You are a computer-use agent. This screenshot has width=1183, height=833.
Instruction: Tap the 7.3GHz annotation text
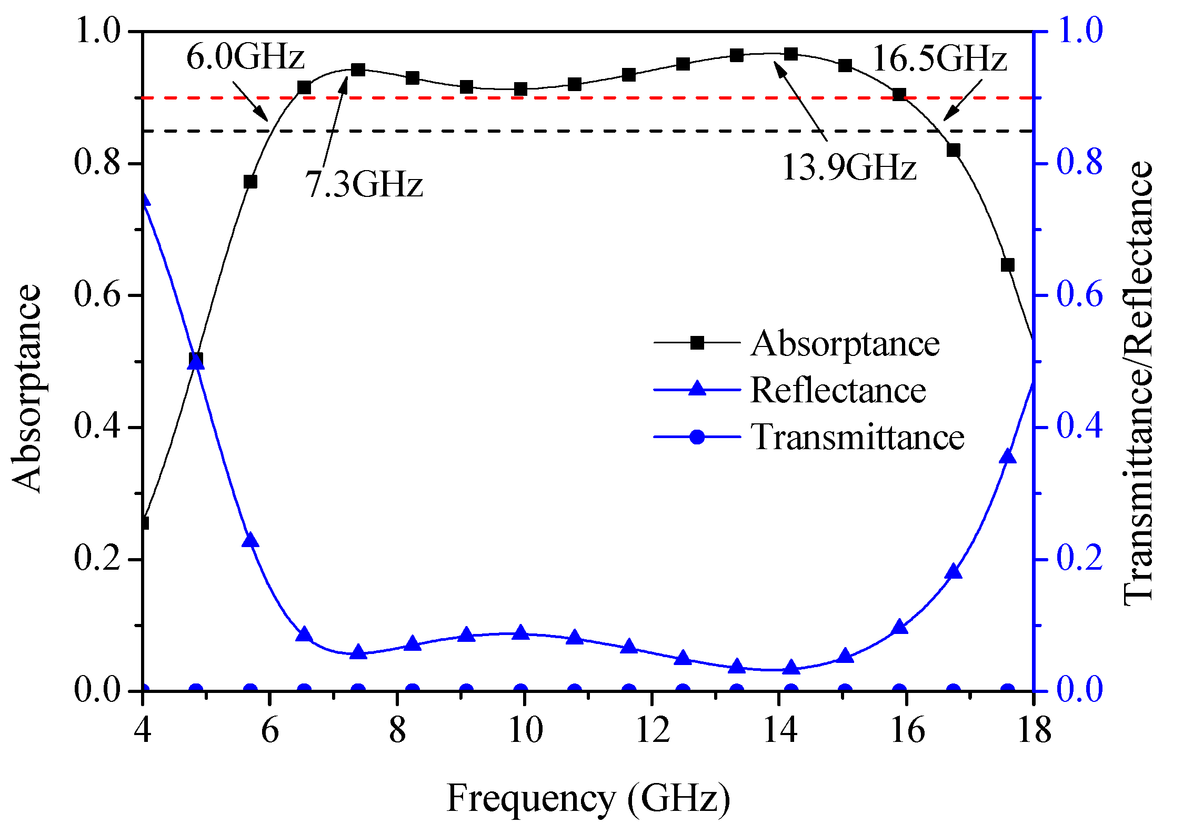tap(364, 184)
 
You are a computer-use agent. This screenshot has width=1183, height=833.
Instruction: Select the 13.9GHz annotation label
tap(849, 167)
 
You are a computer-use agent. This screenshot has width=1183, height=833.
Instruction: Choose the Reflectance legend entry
tap(838, 390)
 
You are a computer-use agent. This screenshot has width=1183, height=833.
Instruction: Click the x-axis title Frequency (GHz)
tap(588, 798)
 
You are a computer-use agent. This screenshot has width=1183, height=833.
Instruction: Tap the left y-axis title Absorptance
tap(26, 389)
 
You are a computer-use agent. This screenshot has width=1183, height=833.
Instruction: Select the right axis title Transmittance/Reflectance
tap(1138, 383)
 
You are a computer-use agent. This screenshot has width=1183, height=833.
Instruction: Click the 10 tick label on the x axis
tap(525, 731)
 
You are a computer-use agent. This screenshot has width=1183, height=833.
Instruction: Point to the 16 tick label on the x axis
tap(907, 731)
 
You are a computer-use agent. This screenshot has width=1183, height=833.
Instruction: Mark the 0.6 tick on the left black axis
tap(98, 295)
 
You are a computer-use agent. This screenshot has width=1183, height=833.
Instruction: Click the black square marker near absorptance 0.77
tap(250, 182)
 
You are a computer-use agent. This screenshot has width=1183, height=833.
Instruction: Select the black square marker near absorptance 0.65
tap(1007, 265)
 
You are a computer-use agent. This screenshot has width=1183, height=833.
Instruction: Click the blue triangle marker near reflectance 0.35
tap(1007, 457)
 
